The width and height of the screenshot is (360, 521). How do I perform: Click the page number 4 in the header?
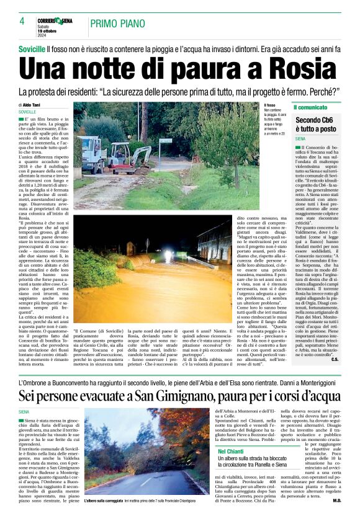click(21, 21)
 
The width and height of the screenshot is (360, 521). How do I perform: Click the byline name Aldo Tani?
click(34, 105)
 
